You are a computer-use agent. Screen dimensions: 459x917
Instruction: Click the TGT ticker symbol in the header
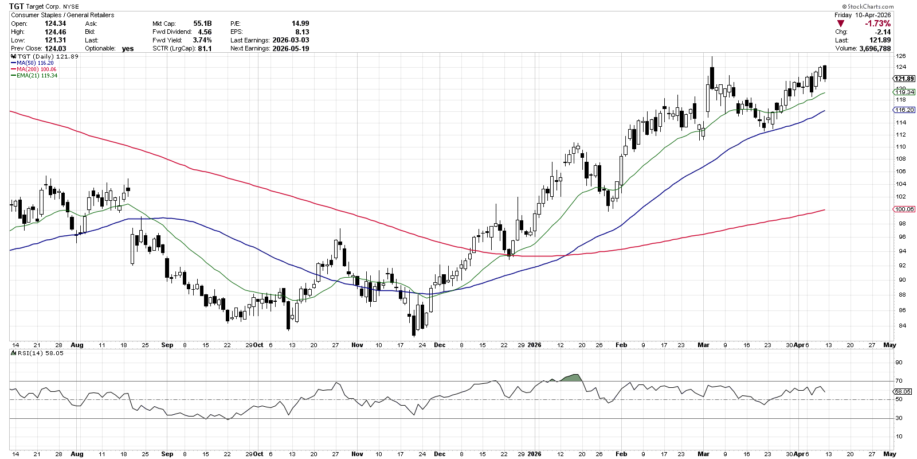(17, 6)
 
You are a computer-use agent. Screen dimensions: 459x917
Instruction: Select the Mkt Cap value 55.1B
(202, 24)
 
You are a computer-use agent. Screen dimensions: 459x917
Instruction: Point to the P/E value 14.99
(300, 24)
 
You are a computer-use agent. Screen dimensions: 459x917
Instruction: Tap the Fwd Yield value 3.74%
(202, 40)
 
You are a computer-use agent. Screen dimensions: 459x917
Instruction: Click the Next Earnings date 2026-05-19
(291, 49)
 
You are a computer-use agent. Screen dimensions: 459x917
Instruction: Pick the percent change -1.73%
(878, 24)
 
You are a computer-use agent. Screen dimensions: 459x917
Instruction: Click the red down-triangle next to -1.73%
(841, 24)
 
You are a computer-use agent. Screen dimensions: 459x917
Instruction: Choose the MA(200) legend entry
(33, 69)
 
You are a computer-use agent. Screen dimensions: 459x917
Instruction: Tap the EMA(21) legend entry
(34, 76)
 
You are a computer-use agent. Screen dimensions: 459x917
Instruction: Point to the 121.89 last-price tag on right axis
(904, 79)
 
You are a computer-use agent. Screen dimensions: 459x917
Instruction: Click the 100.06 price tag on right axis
(904, 209)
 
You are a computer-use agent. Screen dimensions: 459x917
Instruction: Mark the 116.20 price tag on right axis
(904, 110)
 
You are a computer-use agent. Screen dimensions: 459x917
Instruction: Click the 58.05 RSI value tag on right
(903, 391)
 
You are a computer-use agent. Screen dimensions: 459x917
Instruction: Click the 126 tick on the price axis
(901, 56)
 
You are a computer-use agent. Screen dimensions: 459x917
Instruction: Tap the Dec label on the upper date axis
(440, 345)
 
